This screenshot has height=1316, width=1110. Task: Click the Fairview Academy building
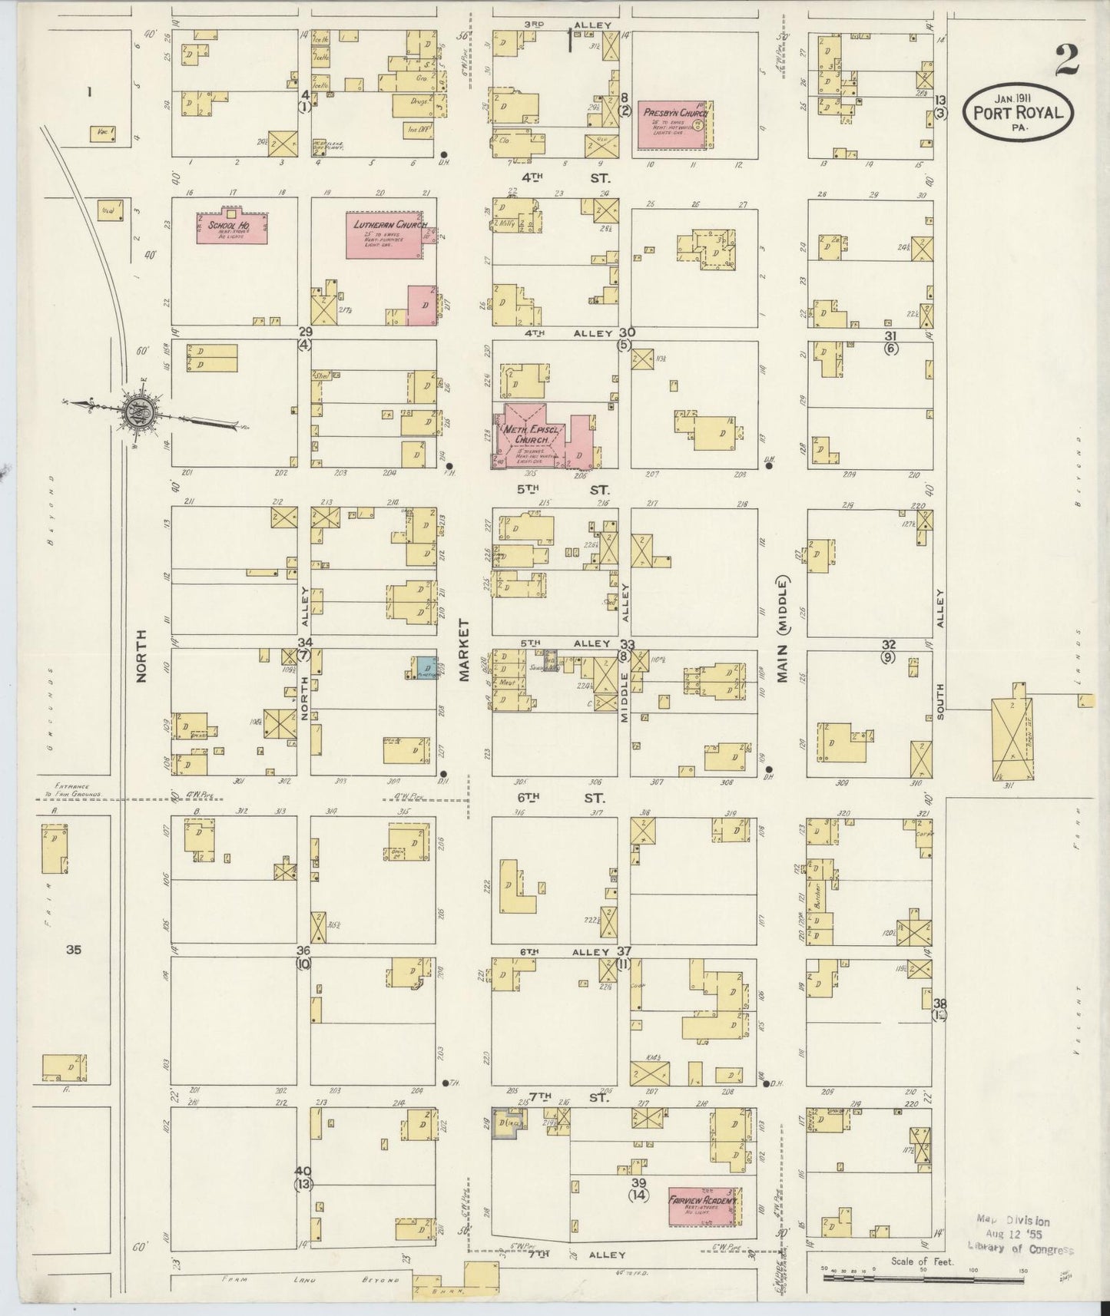702,1203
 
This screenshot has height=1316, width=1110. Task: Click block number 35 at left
73,950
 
